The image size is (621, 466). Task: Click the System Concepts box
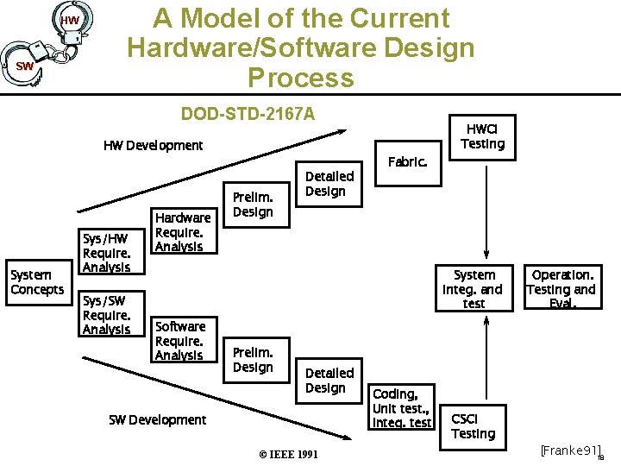pyautogui.click(x=37, y=282)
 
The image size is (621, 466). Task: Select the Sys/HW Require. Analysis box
pyautogui.click(x=106, y=253)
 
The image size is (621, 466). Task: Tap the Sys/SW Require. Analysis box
pyautogui.click(x=106, y=315)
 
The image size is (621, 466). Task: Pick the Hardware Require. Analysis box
pyautogui.click(x=182, y=232)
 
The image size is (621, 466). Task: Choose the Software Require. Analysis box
pyautogui.click(x=179, y=341)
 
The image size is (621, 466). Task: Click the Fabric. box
pyautogui.click(x=407, y=161)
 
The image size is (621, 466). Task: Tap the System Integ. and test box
pyautogui.click(x=474, y=289)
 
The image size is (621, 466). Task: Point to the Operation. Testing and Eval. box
pyautogui.click(x=561, y=289)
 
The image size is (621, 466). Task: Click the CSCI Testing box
pyautogui.click(x=474, y=426)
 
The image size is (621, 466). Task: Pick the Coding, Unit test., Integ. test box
pyautogui.click(x=401, y=408)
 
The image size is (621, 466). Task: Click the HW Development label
pyautogui.click(x=153, y=145)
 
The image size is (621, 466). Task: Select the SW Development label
pyautogui.click(x=157, y=420)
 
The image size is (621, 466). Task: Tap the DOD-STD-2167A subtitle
pyautogui.click(x=248, y=114)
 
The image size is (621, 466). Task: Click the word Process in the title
pyautogui.click(x=300, y=78)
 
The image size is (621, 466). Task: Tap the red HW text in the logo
pyautogui.click(x=70, y=20)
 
